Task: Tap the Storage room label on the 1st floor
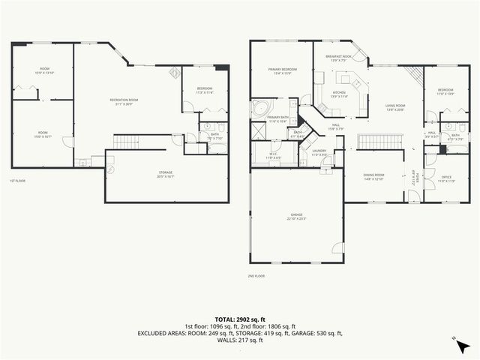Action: coord(165,174)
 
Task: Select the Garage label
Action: coord(296,216)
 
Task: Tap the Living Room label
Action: coord(395,107)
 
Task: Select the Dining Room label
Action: coord(373,177)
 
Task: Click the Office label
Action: coord(446,178)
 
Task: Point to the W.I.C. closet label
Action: coord(272,156)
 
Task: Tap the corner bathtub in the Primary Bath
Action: coord(260,107)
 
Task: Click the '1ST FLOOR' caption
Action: coord(17,181)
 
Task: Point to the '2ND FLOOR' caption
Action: coord(256,276)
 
